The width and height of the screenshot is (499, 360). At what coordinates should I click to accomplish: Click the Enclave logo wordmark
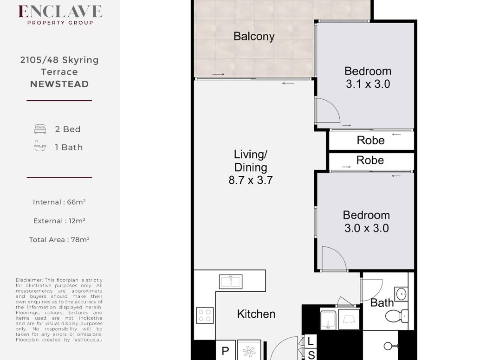[x=60, y=12]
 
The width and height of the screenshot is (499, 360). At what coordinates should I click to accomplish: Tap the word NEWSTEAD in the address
[x=59, y=84]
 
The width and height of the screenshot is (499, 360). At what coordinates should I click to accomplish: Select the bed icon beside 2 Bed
[x=40, y=129]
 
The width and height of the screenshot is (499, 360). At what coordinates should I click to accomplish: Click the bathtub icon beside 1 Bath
[x=40, y=146]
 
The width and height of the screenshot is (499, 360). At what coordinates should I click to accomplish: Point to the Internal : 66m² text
[x=59, y=202]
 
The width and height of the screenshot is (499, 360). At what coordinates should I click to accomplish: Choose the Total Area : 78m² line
[x=59, y=239]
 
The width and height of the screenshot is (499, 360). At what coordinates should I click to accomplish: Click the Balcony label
[x=254, y=36]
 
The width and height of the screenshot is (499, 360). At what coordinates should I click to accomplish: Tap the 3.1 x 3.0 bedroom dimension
[x=368, y=84]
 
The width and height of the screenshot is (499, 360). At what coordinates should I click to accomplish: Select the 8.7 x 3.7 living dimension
[x=251, y=180]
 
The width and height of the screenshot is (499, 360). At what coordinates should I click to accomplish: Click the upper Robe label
[x=371, y=140]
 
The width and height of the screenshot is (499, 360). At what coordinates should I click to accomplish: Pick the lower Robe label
[x=370, y=160]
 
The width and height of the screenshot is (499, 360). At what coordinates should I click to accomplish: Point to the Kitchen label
[x=256, y=314]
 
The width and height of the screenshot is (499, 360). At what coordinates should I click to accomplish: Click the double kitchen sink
[x=231, y=282]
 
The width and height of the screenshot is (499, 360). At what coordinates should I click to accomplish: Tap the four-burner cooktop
[x=205, y=315]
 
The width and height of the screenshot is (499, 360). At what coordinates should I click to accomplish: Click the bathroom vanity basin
[x=402, y=294]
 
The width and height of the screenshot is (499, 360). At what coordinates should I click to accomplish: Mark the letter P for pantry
[x=225, y=351]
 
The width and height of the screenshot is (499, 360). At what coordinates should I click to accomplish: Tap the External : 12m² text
[x=59, y=221]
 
